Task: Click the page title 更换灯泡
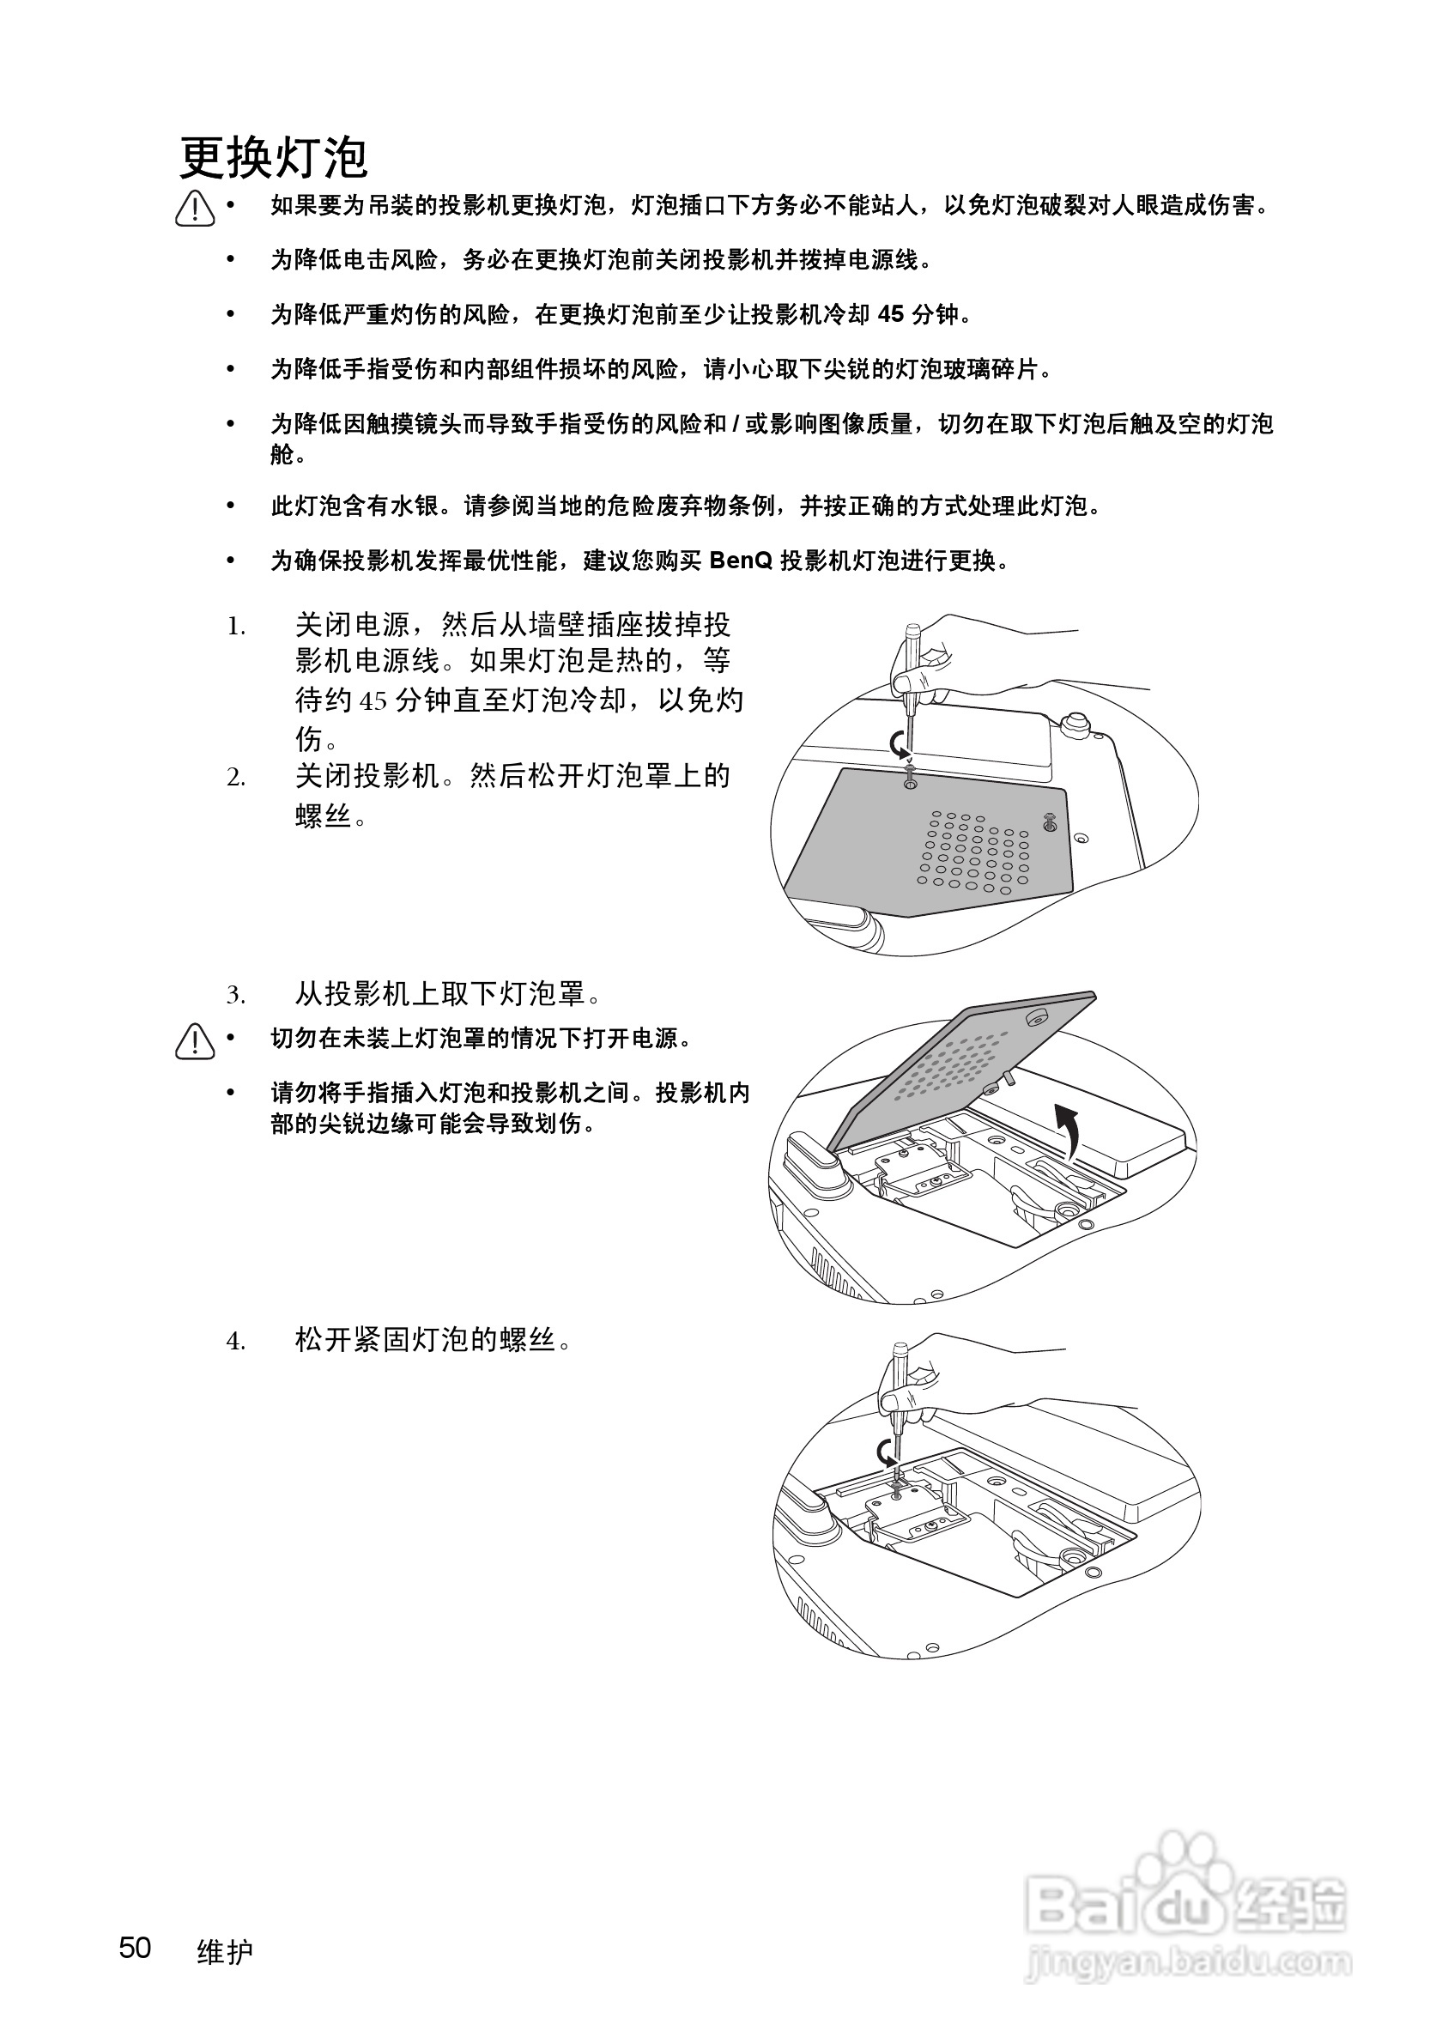click(273, 159)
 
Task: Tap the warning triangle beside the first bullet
click(195, 209)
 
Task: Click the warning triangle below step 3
click(195, 1042)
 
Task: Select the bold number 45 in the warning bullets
click(890, 314)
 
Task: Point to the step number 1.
click(235, 627)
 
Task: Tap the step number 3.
click(235, 995)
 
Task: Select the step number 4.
click(235, 1341)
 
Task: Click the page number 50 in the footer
click(136, 1948)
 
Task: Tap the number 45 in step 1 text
click(373, 702)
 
